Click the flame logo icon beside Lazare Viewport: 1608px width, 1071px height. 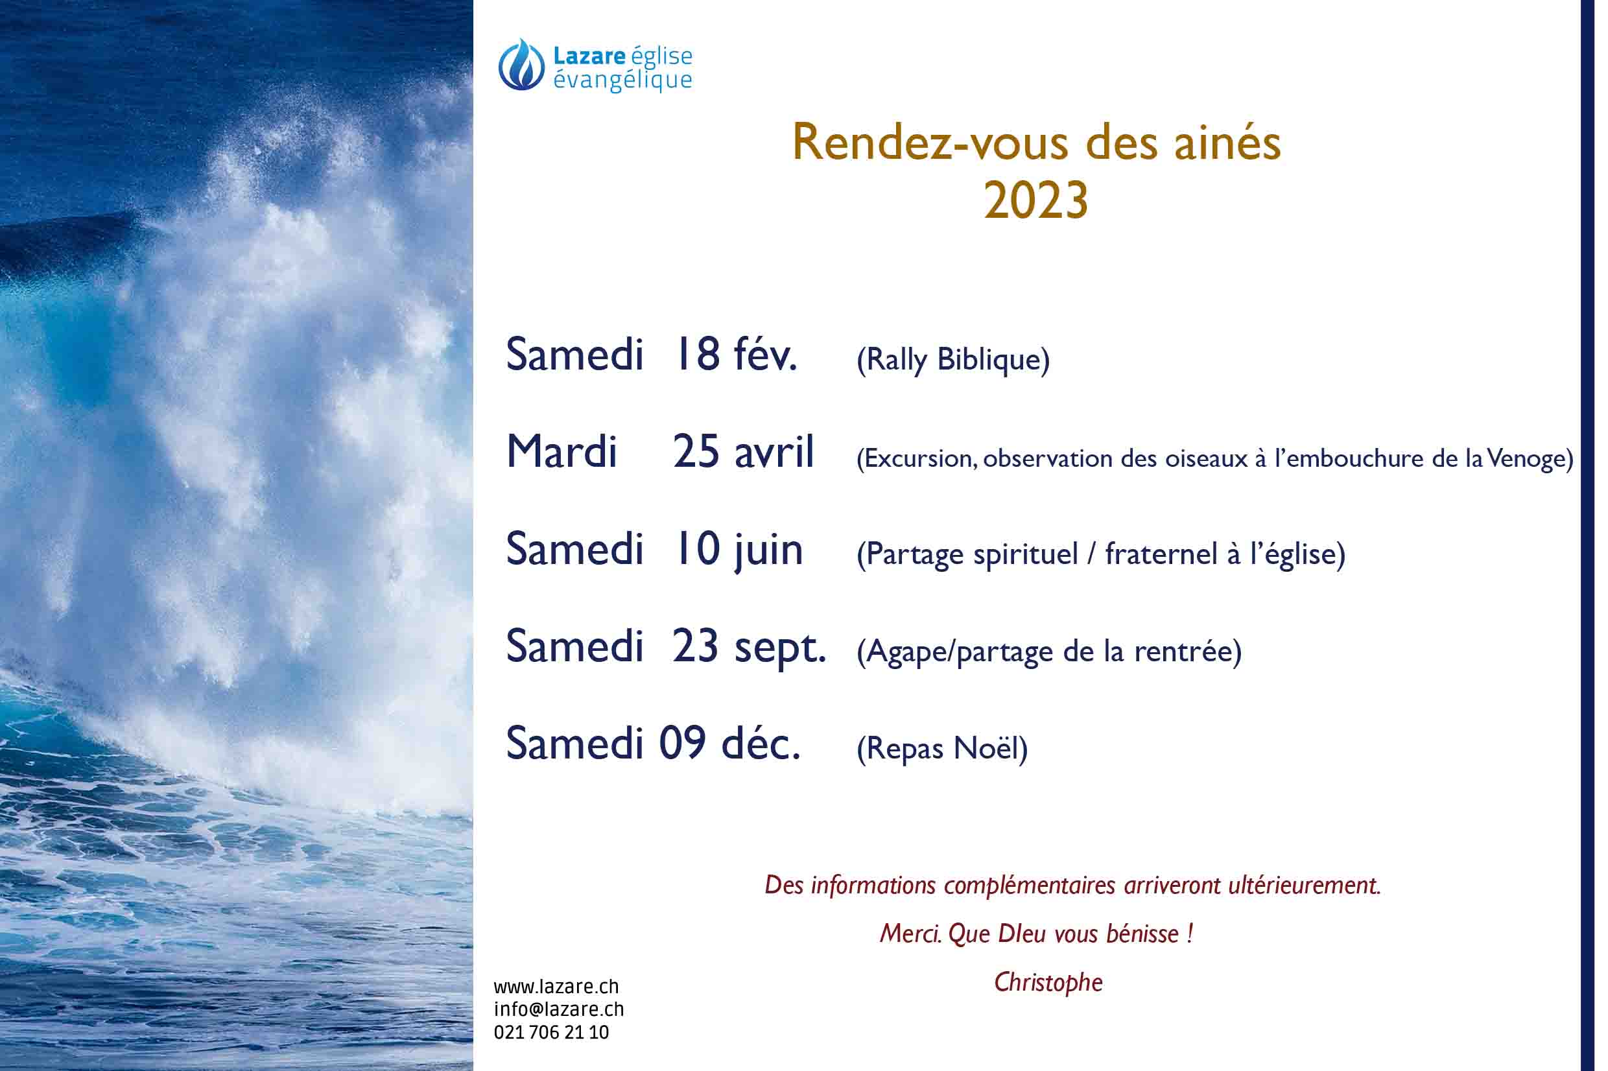521,64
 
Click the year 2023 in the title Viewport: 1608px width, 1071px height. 1035,201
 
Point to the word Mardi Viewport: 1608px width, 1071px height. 562,451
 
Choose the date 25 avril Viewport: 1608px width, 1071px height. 743,451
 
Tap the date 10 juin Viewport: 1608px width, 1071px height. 739,550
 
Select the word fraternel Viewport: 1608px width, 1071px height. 1161,554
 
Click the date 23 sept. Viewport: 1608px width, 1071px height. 749,647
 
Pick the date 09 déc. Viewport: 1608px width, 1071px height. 729,743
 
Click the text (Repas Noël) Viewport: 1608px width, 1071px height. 942,749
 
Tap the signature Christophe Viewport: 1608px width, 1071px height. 1048,982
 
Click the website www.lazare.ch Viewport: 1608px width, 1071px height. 556,987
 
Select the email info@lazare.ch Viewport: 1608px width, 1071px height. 559,1009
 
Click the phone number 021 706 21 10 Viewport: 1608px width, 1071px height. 551,1032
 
